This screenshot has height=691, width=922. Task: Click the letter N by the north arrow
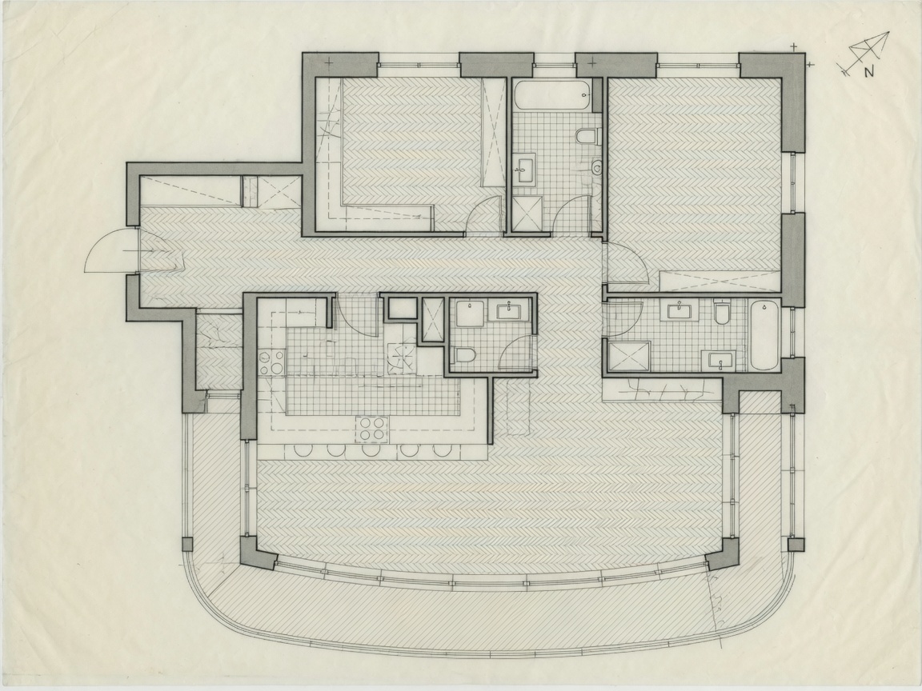(868, 73)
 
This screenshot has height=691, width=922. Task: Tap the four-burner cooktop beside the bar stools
(371, 429)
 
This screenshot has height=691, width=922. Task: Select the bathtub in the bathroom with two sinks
(764, 335)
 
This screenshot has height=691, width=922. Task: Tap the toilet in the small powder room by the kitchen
(465, 355)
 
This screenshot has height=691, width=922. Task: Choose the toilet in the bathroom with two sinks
(722, 313)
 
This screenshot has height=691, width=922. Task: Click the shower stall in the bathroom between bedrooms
(527, 214)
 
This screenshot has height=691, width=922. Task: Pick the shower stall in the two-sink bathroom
(629, 356)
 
